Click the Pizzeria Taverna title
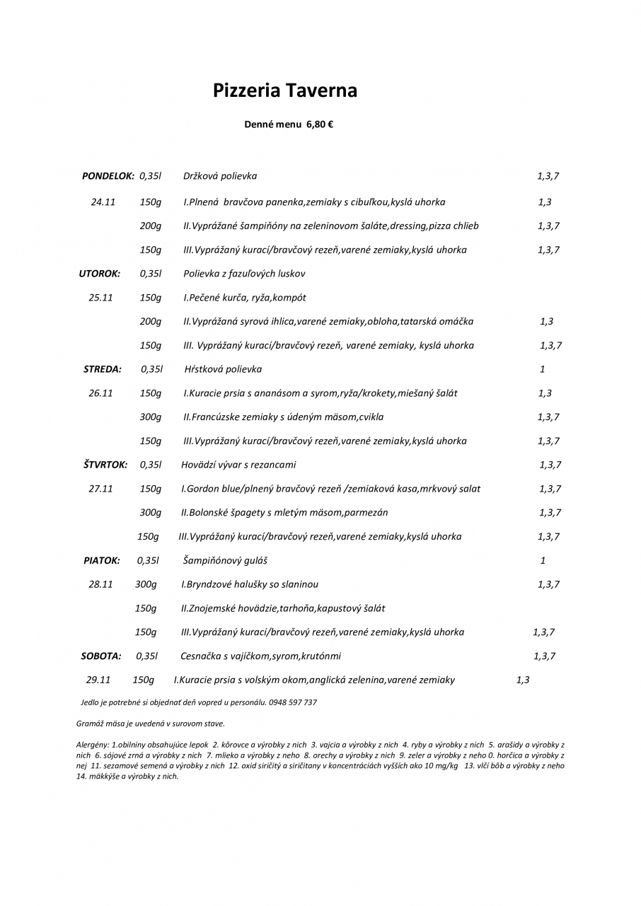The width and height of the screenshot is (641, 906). tap(285, 91)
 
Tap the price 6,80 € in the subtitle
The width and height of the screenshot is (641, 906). tap(320, 124)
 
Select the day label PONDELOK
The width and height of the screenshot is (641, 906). tap(108, 176)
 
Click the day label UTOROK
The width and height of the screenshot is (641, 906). tap(99, 274)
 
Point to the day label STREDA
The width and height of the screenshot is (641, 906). tap(103, 369)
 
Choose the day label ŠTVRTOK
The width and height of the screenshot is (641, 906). tap(105, 465)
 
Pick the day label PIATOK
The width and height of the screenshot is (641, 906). tap(102, 561)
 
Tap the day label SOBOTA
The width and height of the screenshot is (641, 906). tap(101, 656)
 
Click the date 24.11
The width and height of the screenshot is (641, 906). tap(103, 202)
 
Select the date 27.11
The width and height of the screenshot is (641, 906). tap(100, 489)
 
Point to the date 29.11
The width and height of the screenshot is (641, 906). tap(98, 680)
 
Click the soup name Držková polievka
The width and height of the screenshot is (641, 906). tap(220, 176)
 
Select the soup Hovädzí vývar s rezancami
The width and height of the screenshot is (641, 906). tap(238, 465)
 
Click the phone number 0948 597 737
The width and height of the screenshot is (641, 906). tap(293, 702)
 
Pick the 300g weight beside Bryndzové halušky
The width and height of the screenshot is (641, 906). tap(146, 585)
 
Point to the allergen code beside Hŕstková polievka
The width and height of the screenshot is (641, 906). tap(543, 369)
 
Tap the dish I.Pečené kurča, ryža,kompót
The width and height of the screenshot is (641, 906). tap(245, 298)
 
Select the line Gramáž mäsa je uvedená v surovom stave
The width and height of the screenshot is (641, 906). tap(150, 724)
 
